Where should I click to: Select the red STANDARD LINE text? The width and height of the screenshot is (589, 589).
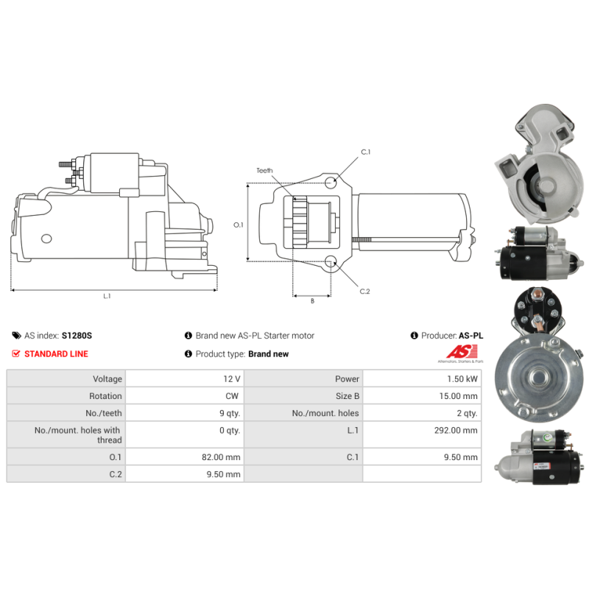click(x=56, y=354)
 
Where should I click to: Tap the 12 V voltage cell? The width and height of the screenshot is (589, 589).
click(x=232, y=379)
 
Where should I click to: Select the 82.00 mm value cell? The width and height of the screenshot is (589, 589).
click(x=223, y=457)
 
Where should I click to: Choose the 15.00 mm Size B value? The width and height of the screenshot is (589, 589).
click(x=461, y=396)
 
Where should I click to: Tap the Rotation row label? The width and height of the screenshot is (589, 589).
click(x=105, y=396)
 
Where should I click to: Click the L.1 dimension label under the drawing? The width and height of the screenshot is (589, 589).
click(x=107, y=297)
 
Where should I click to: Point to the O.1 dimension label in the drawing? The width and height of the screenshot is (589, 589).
click(x=238, y=225)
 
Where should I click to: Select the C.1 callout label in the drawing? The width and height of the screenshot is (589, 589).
click(x=366, y=152)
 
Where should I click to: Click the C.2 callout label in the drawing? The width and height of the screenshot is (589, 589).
click(x=364, y=292)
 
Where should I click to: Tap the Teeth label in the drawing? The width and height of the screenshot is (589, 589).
click(x=264, y=171)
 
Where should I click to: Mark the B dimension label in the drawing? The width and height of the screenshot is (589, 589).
click(x=311, y=301)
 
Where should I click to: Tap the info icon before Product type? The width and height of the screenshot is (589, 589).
click(x=188, y=354)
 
